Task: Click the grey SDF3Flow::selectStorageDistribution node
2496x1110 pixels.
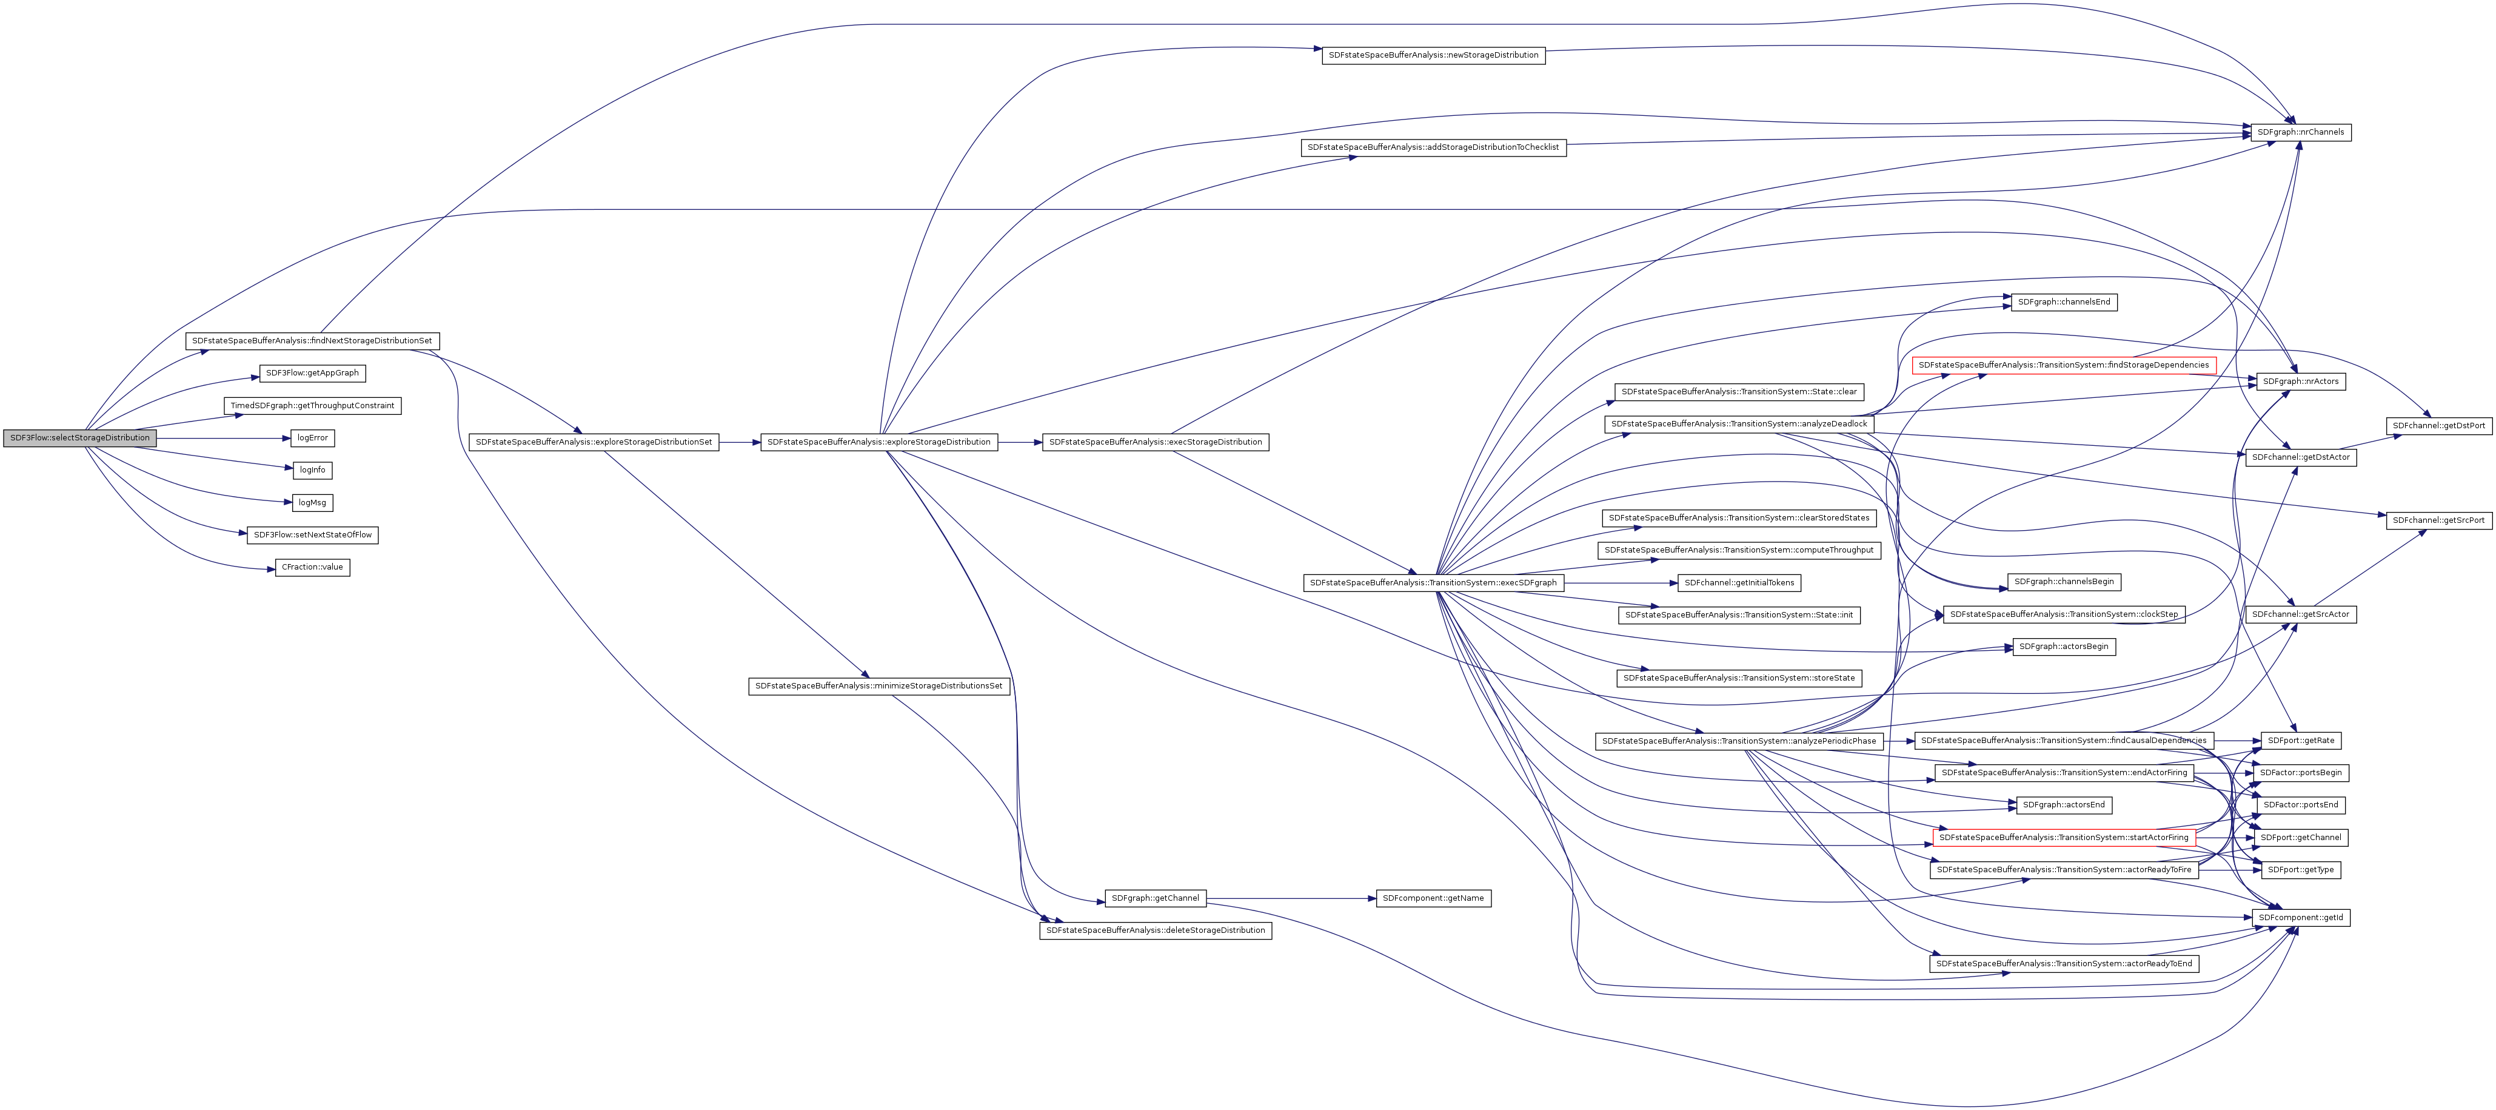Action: [79, 438]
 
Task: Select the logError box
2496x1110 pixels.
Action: [312, 438]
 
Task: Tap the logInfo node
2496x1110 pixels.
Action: [312, 470]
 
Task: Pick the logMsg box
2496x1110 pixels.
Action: [312, 503]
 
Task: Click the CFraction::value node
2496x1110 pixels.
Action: [312, 567]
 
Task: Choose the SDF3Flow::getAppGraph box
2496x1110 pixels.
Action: [312, 373]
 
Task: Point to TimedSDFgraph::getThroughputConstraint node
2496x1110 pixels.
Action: [312, 405]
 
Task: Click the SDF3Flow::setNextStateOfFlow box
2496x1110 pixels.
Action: [312, 535]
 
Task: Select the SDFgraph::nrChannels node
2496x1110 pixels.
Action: [2300, 132]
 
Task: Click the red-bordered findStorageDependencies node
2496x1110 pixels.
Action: [2064, 366]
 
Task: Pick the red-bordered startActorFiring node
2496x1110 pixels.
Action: [2063, 838]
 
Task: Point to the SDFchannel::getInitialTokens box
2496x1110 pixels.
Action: [1739, 583]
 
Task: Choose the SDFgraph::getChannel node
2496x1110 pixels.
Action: [1155, 899]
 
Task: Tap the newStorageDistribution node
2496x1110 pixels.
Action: [1433, 55]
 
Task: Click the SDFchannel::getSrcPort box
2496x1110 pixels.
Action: [2438, 520]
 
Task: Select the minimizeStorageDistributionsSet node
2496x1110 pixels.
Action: [879, 687]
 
